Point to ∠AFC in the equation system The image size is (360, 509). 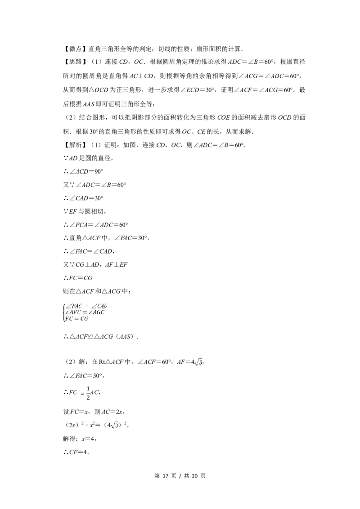click(74, 312)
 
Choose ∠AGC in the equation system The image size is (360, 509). click(97, 312)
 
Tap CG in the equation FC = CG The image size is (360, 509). click(84, 319)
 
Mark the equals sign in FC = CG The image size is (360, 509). click(76, 319)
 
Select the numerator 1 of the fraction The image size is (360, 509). click(88, 389)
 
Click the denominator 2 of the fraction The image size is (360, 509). click(88, 398)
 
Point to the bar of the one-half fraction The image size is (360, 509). click(88, 393)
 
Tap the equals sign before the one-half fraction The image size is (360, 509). click(82, 394)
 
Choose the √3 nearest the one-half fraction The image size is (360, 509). click(114, 425)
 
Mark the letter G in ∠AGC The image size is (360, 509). click(99, 312)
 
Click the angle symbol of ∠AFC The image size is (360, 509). click(67, 312)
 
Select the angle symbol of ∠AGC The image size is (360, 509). click(90, 312)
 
